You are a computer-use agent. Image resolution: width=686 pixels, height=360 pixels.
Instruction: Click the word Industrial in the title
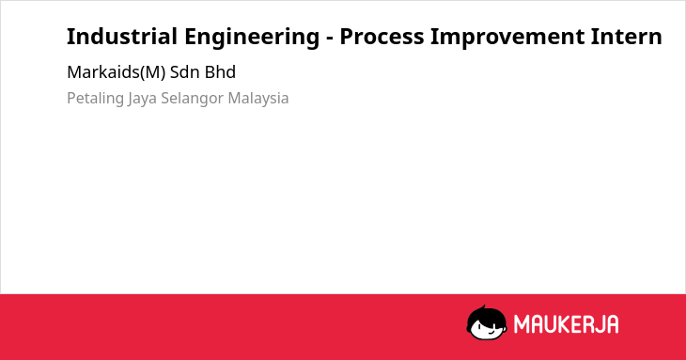(122, 37)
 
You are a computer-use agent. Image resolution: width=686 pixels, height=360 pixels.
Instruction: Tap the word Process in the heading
(382, 37)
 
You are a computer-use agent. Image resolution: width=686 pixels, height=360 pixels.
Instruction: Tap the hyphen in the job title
(330, 39)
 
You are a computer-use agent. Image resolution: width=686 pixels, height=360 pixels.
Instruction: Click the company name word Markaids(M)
(117, 72)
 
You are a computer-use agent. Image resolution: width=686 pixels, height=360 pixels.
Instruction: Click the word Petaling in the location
(95, 99)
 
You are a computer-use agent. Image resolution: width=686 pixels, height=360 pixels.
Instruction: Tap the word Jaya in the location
(142, 99)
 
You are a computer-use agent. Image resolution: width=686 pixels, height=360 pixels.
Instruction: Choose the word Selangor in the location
(192, 99)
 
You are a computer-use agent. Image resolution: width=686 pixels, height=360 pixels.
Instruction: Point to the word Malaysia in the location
(258, 99)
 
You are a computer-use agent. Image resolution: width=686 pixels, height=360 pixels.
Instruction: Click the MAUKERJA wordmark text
(566, 324)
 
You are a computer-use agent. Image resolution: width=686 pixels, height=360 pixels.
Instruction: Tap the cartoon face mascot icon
(487, 323)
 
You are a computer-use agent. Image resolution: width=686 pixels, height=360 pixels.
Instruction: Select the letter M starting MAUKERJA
(522, 324)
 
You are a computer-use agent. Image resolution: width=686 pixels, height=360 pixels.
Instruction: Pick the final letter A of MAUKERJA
(612, 324)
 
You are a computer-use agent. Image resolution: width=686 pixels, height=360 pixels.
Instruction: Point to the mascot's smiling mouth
(490, 333)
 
